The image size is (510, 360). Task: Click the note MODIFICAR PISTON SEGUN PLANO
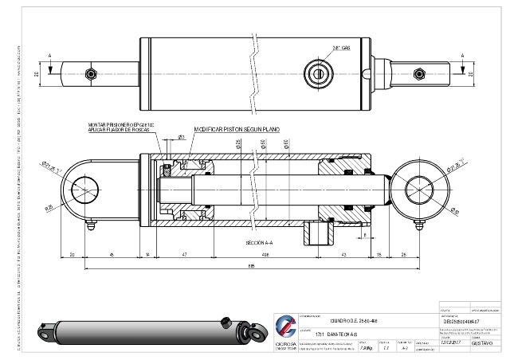tap(237, 128)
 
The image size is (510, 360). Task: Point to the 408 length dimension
tap(264, 253)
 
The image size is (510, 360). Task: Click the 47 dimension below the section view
tap(184, 253)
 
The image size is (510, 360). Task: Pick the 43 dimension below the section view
tap(343, 253)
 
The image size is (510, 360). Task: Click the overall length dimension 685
tap(251, 266)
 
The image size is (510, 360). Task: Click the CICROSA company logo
tap(285, 326)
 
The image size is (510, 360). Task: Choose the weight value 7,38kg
tap(366, 347)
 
